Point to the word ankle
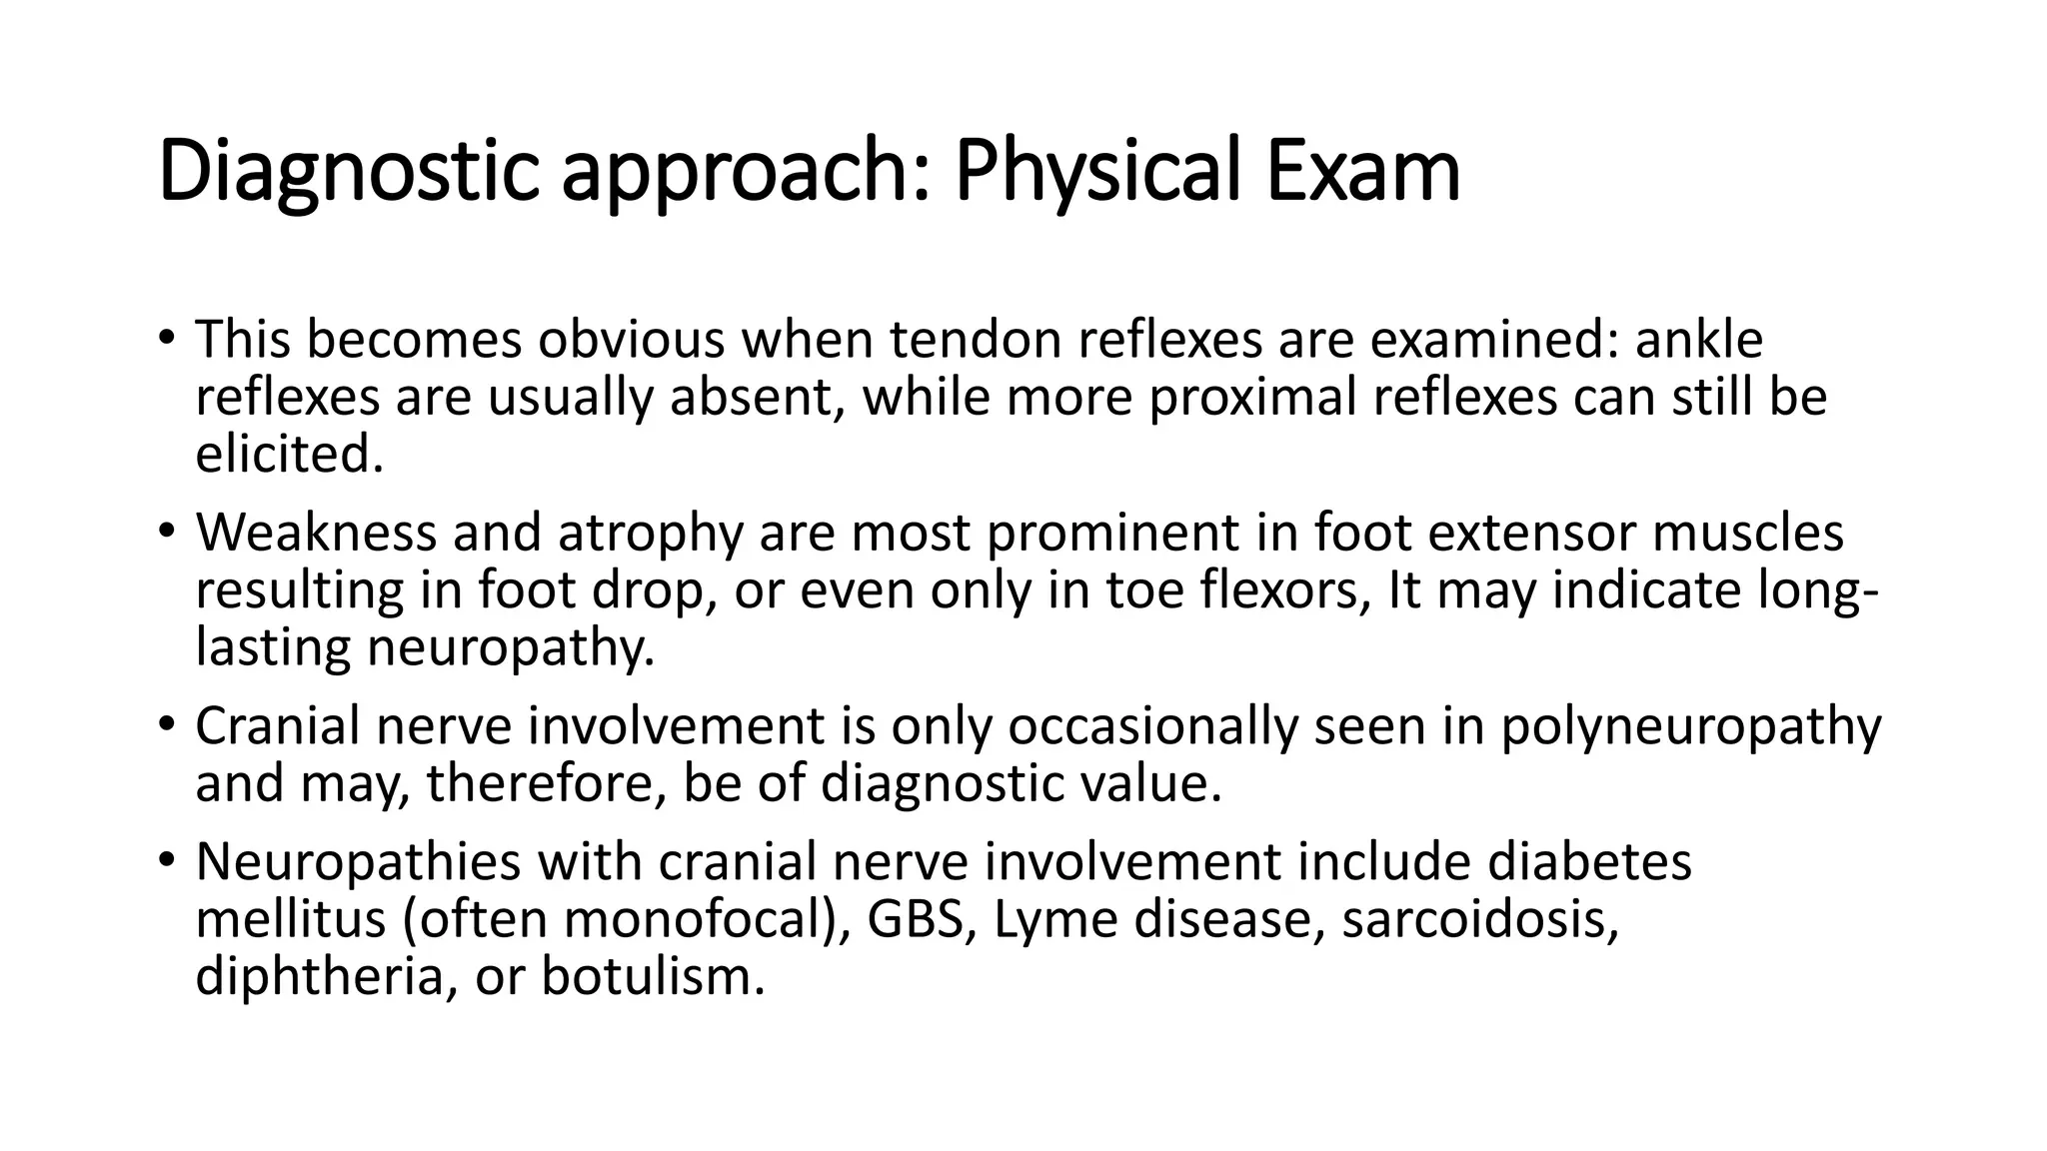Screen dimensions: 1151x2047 (1698, 340)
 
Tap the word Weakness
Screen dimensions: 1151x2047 (316, 532)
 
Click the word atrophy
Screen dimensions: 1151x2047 (650, 532)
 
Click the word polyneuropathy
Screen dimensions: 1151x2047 (1690, 725)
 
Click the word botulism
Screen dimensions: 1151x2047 (653, 976)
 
